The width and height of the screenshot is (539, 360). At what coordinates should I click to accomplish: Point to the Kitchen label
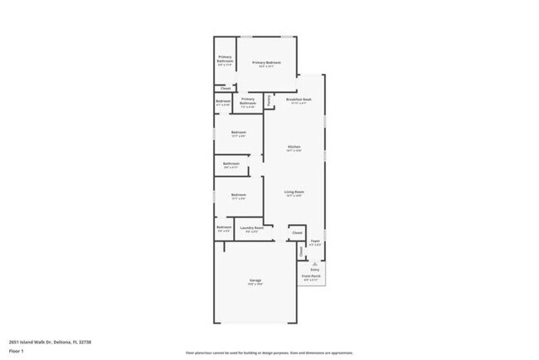(294, 148)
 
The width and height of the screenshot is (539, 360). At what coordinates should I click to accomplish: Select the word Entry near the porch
(314, 270)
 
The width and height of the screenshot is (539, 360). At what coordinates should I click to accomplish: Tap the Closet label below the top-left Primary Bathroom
(225, 88)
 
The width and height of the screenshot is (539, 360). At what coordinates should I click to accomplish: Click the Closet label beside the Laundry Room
(297, 233)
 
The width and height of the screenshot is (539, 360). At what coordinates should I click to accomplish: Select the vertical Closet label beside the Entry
(301, 251)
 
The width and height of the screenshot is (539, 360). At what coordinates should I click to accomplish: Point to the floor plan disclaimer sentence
(269, 353)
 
